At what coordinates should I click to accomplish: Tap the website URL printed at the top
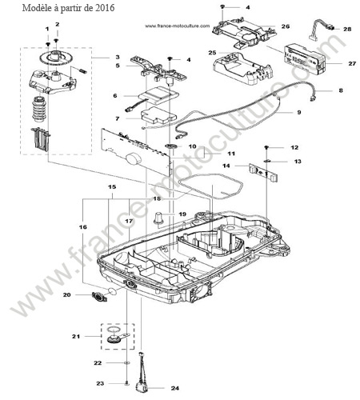pyautogui.click(x=178, y=26)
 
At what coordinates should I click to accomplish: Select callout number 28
pyautogui.click(x=347, y=29)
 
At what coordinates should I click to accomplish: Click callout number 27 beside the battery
pyautogui.click(x=352, y=63)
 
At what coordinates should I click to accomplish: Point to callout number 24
pyautogui.click(x=175, y=388)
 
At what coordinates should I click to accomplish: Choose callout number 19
pyautogui.click(x=182, y=214)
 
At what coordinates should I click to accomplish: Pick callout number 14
pyautogui.click(x=226, y=166)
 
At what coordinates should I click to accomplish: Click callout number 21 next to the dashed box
pyautogui.click(x=76, y=337)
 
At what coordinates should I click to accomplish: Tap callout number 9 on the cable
pyautogui.click(x=299, y=112)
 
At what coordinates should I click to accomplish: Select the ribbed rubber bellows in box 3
pyautogui.click(x=41, y=110)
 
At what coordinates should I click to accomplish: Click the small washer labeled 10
pyautogui.click(x=170, y=146)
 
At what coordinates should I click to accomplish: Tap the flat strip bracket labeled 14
pyautogui.click(x=263, y=173)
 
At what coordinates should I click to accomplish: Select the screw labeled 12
pyautogui.click(x=266, y=147)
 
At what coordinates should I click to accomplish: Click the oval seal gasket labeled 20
pyautogui.click(x=100, y=297)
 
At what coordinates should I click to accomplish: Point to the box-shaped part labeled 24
pyautogui.click(x=141, y=387)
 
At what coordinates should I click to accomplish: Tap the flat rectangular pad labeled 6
pyautogui.click(x=159, y=95)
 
